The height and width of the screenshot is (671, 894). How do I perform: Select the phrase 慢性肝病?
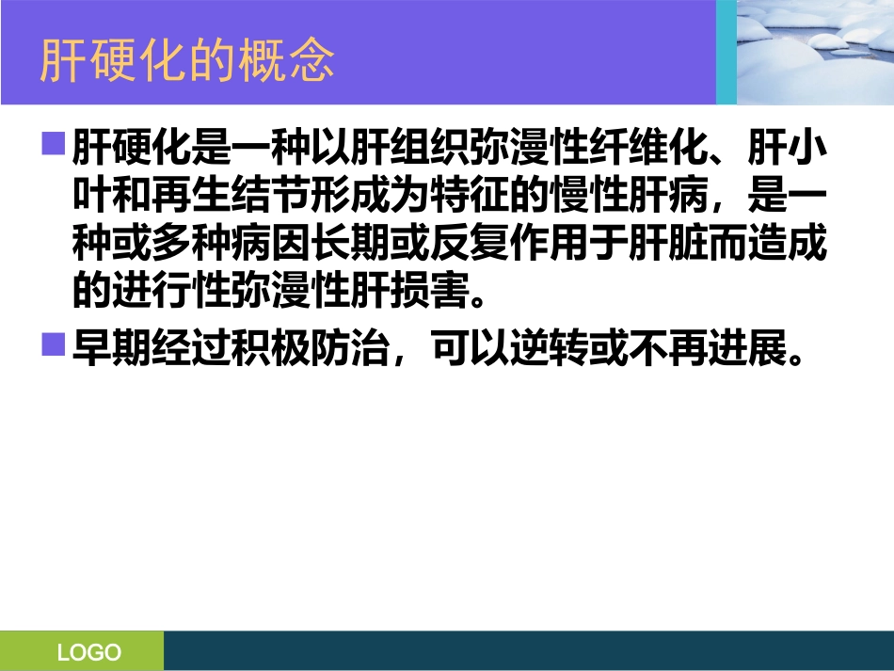click(x=655, y=200)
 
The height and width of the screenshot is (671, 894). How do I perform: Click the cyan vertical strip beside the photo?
click(x=726, y=52)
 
